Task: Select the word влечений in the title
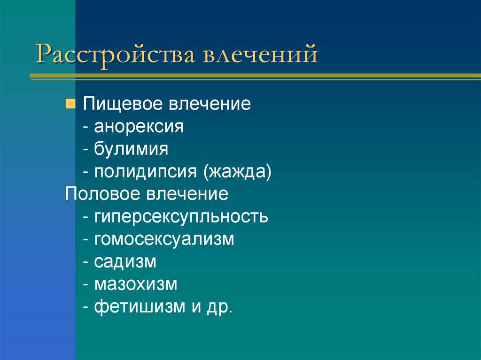[260, 55]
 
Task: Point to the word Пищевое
[120, 104]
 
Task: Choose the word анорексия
[139, 127]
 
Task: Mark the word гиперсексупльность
[181, 217]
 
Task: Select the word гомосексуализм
[164, 239]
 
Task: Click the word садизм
[125, 261]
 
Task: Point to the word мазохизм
[136, 284]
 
